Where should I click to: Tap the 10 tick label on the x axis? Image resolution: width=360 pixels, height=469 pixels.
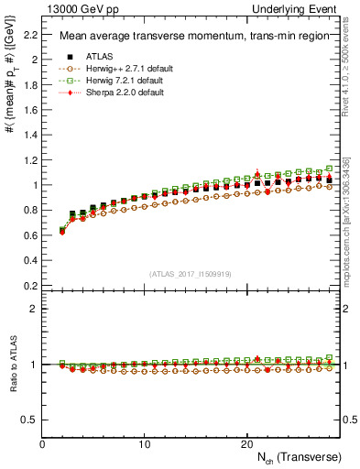pyautogui.click(x=145, y=443)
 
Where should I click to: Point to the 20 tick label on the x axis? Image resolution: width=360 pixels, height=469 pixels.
pyautogui.click(x=246, y=443)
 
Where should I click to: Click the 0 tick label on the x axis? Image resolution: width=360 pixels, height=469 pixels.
pyautogui.click(x=43, y=443)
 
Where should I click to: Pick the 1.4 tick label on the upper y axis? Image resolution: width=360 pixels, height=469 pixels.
pyautogui.click(x=29, y=135)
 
